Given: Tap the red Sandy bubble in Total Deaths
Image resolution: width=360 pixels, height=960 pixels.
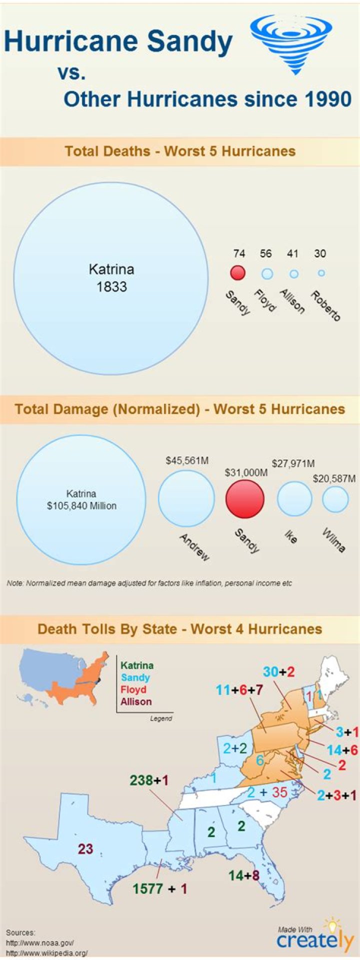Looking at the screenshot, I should coord(237,273).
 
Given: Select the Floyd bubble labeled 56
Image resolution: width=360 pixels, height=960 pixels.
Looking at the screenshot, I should coord(267,273).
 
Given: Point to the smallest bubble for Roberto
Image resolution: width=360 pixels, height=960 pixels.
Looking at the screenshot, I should coord(321,273).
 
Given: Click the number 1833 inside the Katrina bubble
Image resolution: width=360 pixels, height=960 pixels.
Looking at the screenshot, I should coord(111,287).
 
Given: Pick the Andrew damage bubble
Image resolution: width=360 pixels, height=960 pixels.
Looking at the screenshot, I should coord(186,498).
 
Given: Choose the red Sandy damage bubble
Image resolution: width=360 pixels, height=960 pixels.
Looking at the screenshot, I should coord(245,499).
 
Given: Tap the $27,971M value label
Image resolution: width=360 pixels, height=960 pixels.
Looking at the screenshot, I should coord(293,463).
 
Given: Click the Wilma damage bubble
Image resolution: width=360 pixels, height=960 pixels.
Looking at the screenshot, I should coord(335,499).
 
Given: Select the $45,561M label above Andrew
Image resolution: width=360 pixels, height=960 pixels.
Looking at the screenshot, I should coord(187,460).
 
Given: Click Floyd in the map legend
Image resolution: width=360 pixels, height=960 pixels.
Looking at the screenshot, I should coord(133,689).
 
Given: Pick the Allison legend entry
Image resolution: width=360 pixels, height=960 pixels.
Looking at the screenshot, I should coord(136,701).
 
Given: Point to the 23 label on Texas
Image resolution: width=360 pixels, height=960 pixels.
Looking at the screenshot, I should coord(85,848).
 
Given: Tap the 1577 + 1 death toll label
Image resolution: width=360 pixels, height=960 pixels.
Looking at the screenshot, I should coord(159,888).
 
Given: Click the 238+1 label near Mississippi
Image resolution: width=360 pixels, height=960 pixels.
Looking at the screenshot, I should coord(149,780).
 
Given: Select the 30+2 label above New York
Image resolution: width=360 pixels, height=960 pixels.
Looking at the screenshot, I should coord(278,671).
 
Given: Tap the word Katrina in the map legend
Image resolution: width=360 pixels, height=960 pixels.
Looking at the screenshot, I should coord(137,665).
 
